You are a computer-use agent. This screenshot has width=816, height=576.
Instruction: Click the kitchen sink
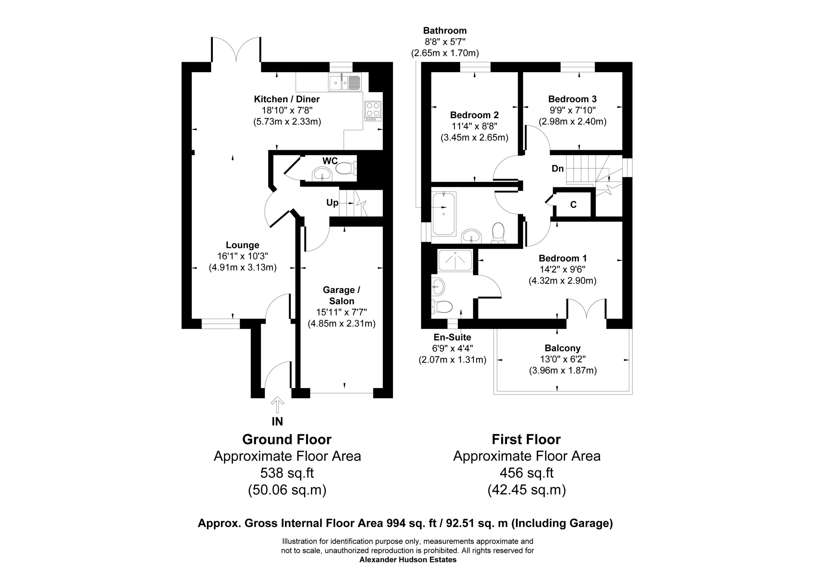point(345,82)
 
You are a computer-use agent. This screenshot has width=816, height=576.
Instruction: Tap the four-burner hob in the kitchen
point(373,111)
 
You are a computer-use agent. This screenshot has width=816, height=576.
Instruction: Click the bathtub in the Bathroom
point(443,214)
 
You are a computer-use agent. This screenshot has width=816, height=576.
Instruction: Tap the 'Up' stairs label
point(332,203)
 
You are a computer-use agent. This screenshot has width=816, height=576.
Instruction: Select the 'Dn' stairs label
point(557,168)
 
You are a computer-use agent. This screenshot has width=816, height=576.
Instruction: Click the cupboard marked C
point(573,204)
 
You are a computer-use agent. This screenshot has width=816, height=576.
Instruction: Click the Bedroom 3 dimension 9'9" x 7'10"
point(572,110)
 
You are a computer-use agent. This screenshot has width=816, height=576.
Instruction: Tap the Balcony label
point(563,348)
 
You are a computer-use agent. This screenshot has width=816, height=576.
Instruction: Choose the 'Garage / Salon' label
point(341,295)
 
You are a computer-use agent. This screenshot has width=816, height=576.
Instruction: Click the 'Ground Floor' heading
point(287,440)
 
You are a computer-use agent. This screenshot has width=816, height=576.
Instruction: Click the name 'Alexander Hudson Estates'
point(408,560)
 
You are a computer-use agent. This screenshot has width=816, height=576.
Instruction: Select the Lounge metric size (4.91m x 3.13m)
point(243,267)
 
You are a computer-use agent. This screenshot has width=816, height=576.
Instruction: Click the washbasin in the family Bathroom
point(471,236)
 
